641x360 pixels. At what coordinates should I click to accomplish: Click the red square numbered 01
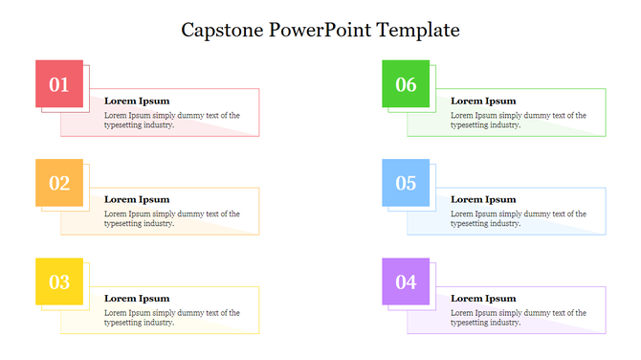(x=59, y=84)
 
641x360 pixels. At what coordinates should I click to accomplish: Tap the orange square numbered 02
(x=59, y=183)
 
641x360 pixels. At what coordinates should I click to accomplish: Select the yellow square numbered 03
(x=59, y=281)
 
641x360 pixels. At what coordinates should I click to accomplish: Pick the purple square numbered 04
(x=406, y=281)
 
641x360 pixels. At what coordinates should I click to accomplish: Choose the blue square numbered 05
(x=406, y=183)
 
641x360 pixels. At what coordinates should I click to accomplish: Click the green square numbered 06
(x=406, y=84)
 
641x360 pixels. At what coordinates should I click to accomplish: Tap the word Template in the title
(x=418, y=31)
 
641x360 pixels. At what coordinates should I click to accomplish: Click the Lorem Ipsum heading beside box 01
(x=136, y=101)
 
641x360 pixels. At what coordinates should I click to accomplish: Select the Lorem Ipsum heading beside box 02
(x=136, y=199)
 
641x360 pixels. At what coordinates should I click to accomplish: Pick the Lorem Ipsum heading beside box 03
(x=136, y=298)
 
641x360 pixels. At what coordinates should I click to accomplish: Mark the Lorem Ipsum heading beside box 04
(x=483, y=298)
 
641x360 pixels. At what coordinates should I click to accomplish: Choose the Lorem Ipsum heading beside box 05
(x=483, y=199)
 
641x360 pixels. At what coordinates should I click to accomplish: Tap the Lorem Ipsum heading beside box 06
(x=483, y=101)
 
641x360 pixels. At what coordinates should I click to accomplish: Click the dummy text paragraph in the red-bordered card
(x=171, y=120)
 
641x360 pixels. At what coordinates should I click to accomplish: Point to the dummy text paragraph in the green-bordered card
(x=518, y=120)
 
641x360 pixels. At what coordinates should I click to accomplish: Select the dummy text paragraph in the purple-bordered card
(x=518, y=317)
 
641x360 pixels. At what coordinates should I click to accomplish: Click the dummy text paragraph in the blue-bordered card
(x=518, y=218)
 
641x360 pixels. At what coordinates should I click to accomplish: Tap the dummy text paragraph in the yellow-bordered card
(x=171, y=317)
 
